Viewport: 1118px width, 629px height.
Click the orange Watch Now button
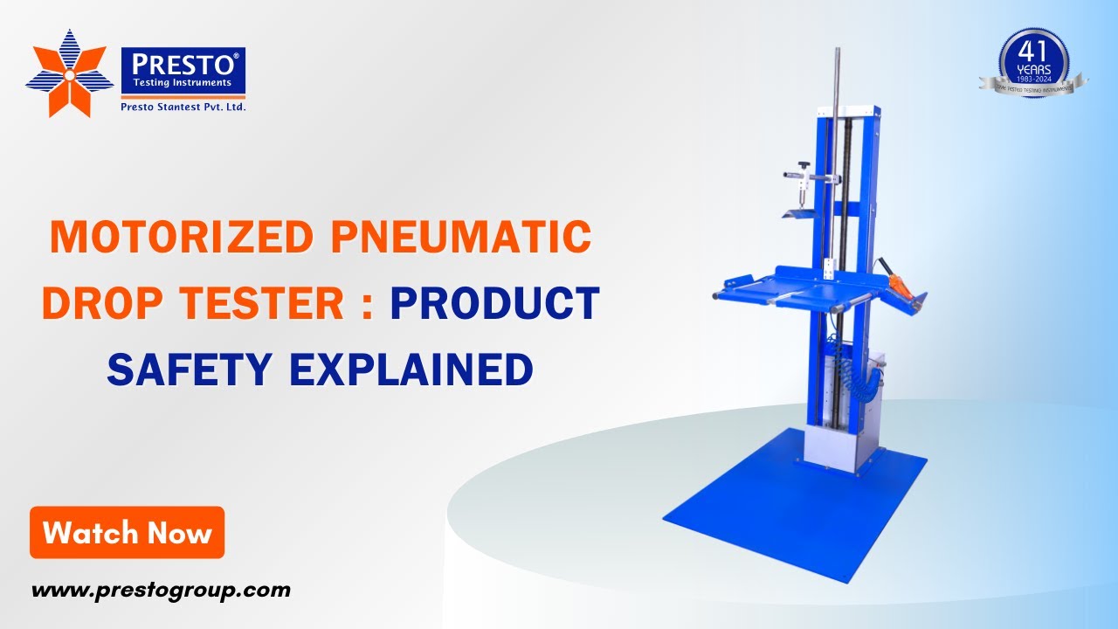point(128,532)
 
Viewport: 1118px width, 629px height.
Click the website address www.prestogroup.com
point(161,591)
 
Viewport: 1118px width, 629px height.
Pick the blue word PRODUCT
point(494,304)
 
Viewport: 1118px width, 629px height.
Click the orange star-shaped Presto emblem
point(69,73)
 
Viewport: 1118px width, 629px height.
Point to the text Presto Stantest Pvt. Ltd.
point(183,107)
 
